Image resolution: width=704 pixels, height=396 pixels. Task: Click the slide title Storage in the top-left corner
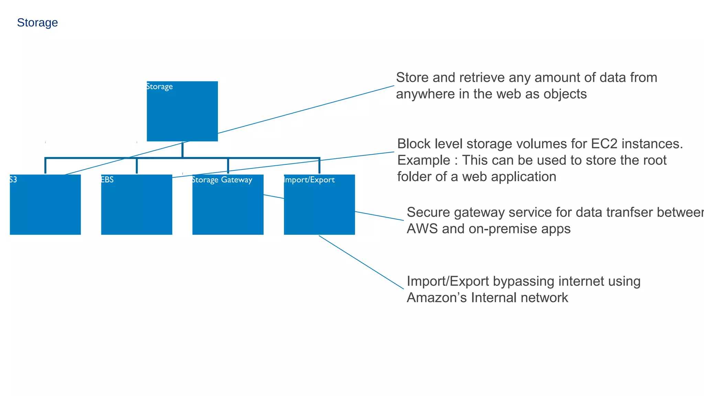coord(37,23)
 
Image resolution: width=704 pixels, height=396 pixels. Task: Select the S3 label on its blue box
coord(13,179)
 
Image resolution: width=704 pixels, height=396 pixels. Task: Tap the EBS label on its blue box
coord(107,179)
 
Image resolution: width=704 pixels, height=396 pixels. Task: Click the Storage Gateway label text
coord(222,180)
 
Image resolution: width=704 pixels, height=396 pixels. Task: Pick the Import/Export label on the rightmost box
coord(309,180)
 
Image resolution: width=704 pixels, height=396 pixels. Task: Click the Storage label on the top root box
coord(159,86)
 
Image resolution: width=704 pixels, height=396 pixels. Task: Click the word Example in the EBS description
coord(423,160)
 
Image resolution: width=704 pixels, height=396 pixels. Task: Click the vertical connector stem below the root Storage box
coord(182,150)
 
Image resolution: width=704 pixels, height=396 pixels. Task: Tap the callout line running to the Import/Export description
coord(361,262)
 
